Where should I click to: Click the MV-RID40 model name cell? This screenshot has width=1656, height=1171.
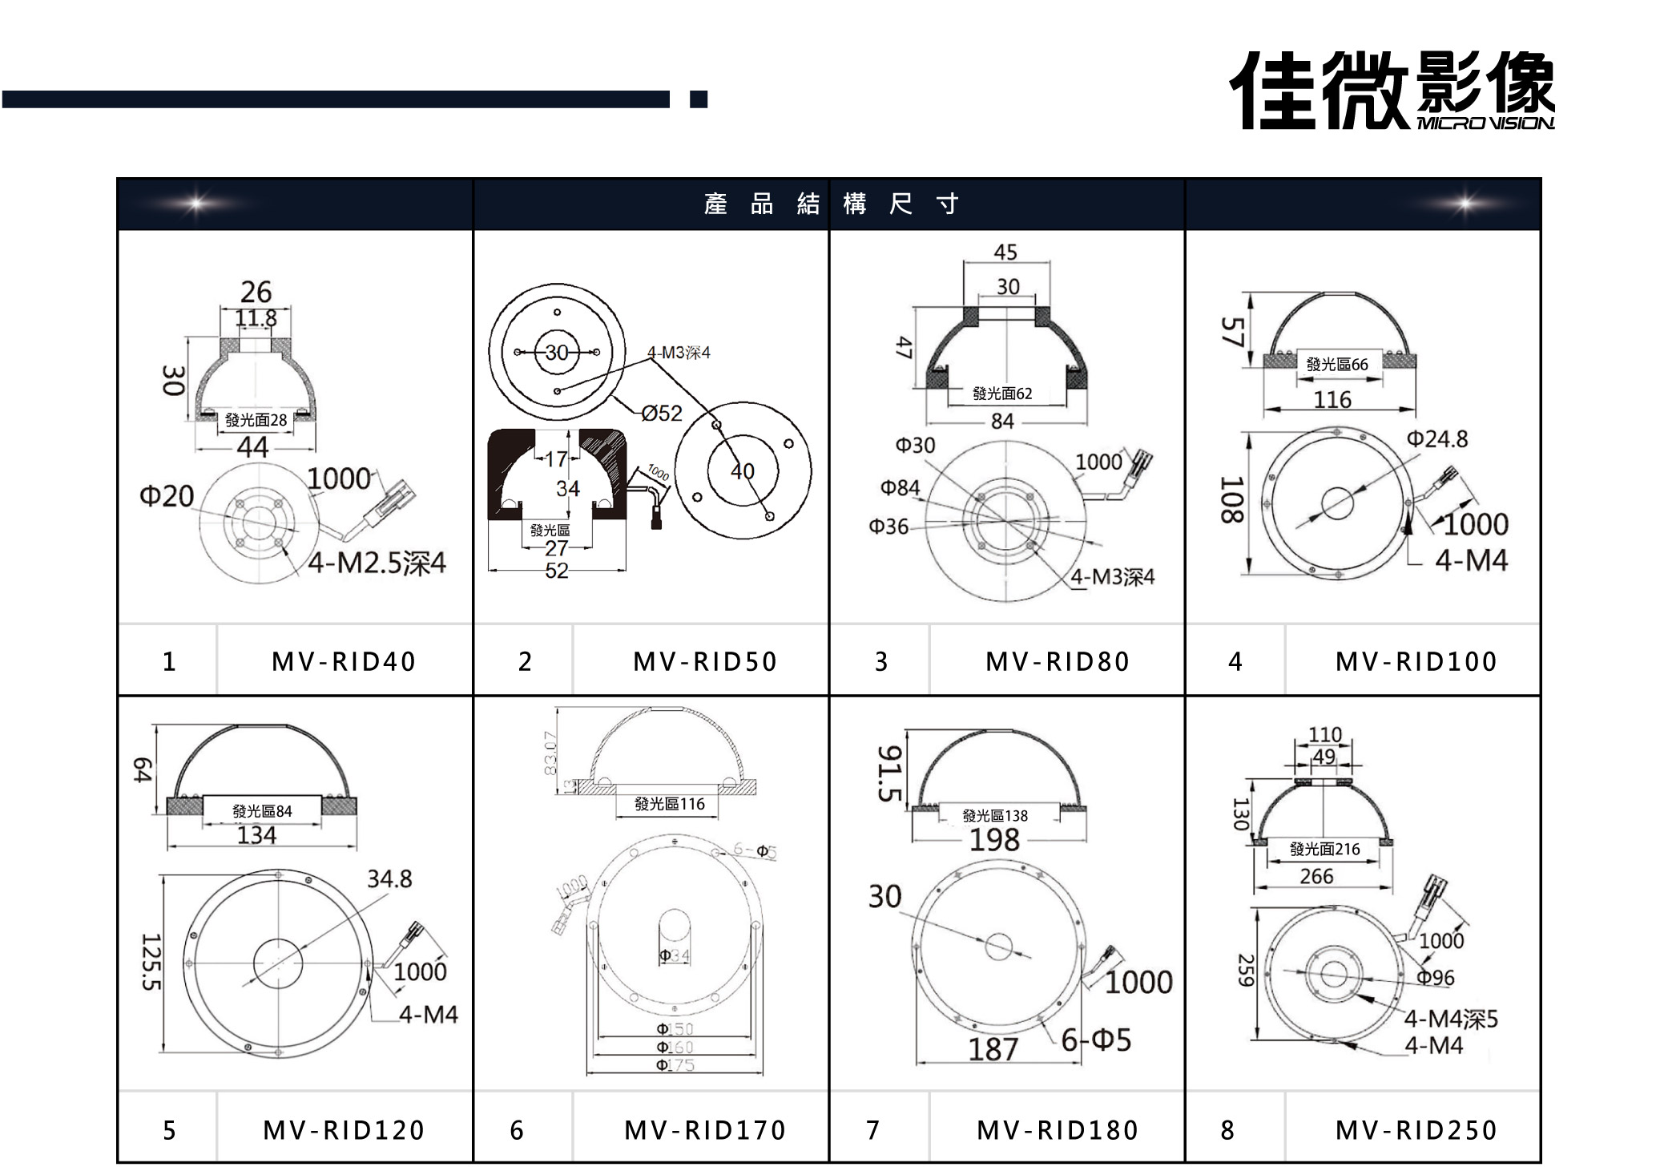(x=344, y=661)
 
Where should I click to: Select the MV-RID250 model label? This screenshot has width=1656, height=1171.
(x=1415, y=1130)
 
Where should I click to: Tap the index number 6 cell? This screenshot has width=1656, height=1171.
(x=517, y=1130)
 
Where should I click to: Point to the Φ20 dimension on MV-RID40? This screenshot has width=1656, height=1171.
(x=167, y=496)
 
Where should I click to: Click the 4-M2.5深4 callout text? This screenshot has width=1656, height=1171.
(x=377, y=563)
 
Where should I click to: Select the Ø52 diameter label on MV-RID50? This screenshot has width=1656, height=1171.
(x=662, y=414)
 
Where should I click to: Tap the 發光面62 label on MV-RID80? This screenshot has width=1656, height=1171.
(x=1002, y=394)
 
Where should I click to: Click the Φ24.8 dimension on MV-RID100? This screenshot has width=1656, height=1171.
(x=1437, y=439)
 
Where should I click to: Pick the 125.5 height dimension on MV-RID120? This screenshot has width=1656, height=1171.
(x=151, y=962)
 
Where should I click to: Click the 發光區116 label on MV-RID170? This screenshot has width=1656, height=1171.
(x=669, y=804)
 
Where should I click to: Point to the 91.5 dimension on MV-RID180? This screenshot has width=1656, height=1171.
(x=890, y=773)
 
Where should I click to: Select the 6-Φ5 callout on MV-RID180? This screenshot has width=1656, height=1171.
(x=1096, y=1040)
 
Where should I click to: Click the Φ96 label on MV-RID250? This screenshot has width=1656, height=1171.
(x=1435, y=978)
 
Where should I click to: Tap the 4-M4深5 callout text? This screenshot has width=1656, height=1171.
(x=1450, y=1020)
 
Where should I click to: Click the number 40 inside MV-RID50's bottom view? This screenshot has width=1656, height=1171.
(x=742, y=470)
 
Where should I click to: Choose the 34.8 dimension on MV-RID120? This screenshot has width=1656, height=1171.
(x=389, y=879)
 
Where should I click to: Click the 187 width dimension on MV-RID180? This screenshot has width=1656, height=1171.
(x=993, y=1049)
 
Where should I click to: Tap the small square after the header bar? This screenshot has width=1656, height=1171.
(x=699, y=99)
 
